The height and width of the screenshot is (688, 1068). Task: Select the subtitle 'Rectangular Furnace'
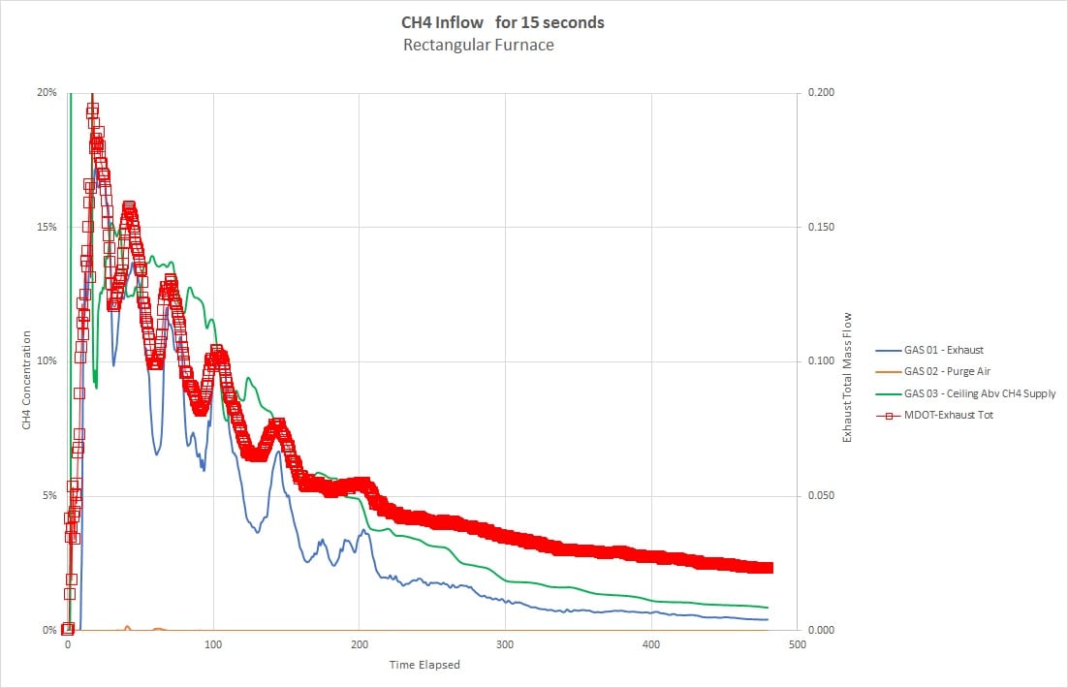[479, 46]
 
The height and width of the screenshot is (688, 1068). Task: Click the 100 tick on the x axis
[213, 644]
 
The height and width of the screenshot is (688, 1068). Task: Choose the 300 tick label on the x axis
[505, 644]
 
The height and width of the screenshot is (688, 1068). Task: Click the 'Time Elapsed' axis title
[424, 665]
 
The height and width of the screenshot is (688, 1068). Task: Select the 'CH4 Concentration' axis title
[26, 380]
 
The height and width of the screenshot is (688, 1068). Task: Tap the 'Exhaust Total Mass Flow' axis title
[847, 377]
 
